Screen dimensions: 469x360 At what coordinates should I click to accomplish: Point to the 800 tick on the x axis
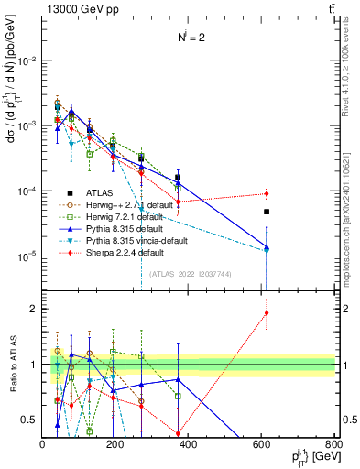tap(333, 443)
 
